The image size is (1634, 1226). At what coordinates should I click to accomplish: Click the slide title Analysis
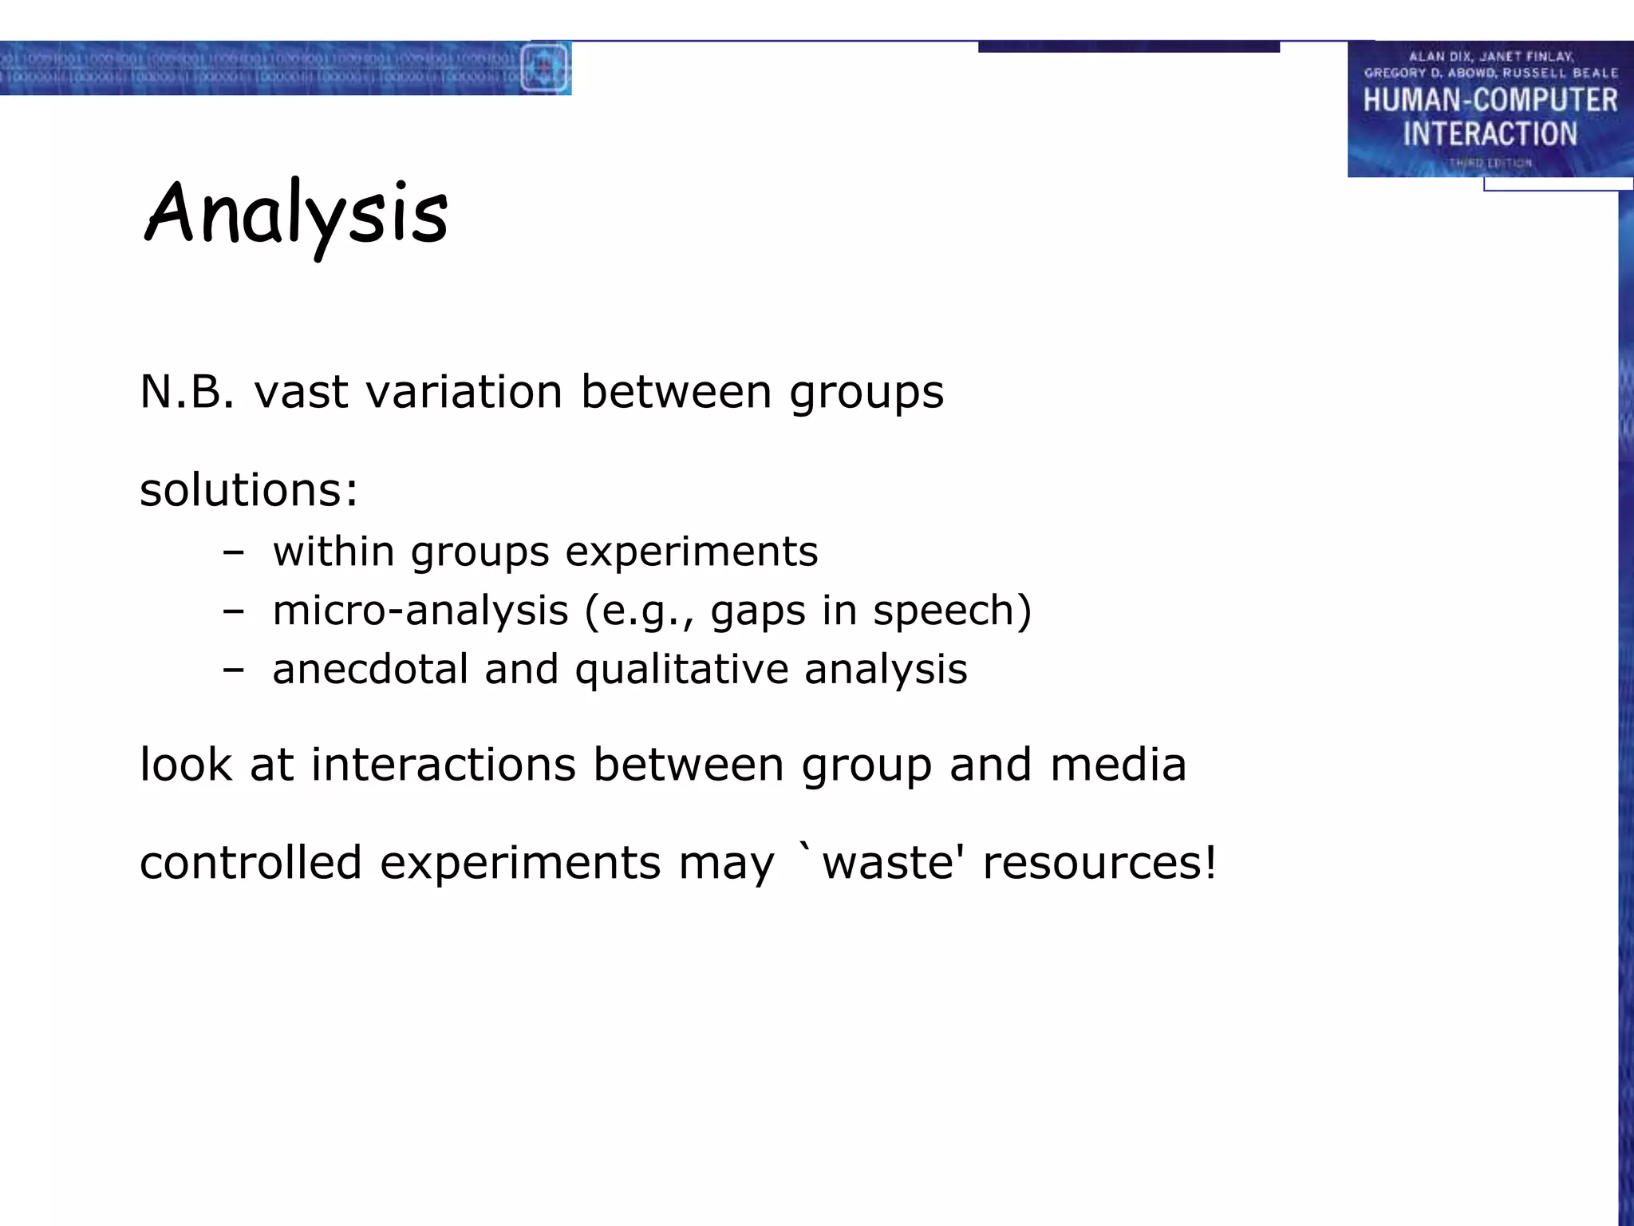pyautogui.click(x=296, y=214)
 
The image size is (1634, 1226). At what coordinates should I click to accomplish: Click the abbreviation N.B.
pyautogui.click(x=187, y=392)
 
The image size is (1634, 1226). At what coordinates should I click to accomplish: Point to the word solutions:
pyautogui.click(x=249, y=489)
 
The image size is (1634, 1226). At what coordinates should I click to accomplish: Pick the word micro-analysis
pyautogui.click(x=420, y=611)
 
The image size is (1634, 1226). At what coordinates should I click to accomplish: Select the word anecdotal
pyautogui.click(x=370, y=669)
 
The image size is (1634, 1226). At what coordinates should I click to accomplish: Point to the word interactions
pyautogui.click(x=443, y=765)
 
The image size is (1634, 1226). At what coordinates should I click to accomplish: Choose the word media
pyautogui.click(x=1118, y=765)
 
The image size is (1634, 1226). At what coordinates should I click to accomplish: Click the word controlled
pyautogui.click(x=251, y=863)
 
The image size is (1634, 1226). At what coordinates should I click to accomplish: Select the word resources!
pyautogui.click(x=1099, y=863)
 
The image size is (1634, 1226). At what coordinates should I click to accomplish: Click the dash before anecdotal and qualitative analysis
pyautogui.click(x=233, y=669)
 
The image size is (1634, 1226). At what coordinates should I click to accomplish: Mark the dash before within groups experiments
pyautogui.click(x=233, y=552)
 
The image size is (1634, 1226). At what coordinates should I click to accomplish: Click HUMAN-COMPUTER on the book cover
pyautogui.click(x=1490, y=101)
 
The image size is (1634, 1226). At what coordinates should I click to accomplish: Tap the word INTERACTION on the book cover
pyautogui.click(x=1490, y=134)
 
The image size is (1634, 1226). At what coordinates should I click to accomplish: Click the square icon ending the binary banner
pyautogui.click(x=545, y=68)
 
